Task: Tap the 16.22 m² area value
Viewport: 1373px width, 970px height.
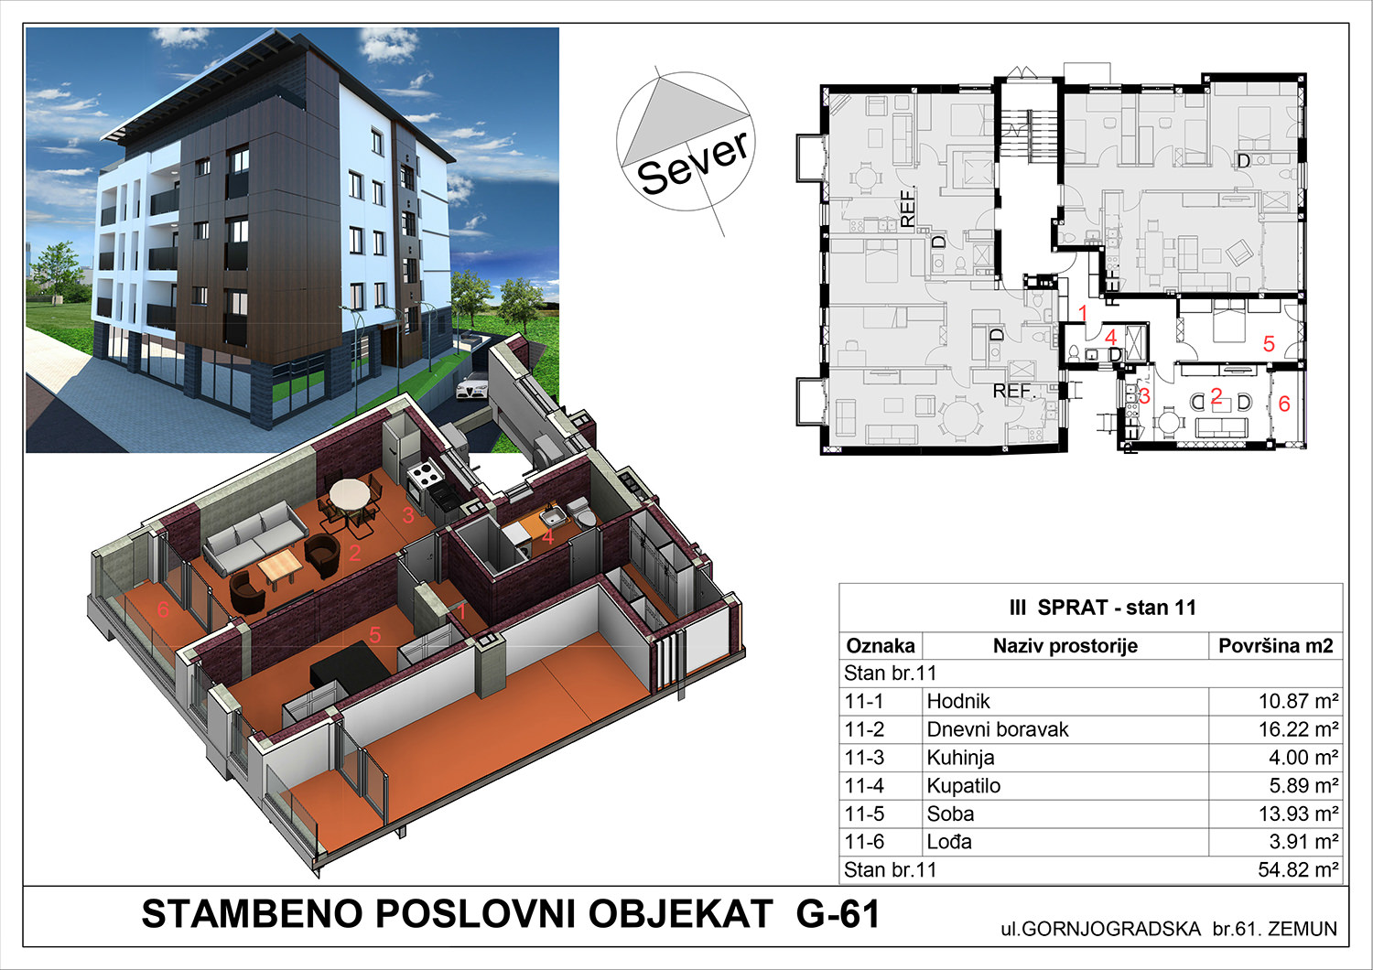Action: [1298, 729]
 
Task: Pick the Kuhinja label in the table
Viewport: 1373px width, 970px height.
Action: [960, 758]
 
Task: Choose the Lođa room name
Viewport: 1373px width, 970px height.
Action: [949, 842]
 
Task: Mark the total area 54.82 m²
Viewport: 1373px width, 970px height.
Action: [1298, 870]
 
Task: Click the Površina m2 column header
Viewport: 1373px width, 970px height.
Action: [1276, 646]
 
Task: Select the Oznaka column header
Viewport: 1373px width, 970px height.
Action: [881, 646]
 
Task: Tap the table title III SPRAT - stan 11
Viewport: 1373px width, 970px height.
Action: [1103, 608]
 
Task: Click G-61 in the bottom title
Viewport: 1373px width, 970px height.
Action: [838, 914]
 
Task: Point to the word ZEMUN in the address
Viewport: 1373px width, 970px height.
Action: [1303, 929]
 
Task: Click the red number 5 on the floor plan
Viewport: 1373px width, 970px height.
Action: [1268, 344]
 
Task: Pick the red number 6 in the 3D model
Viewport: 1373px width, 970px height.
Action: [162, 609]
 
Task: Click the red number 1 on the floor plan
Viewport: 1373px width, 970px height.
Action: [1083, 313]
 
